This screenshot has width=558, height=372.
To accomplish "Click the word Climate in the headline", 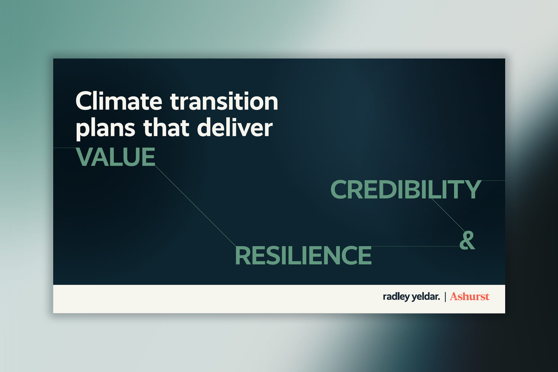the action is pyautogui.click(x=119, y=101).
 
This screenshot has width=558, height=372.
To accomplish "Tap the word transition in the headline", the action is pyautogui.click(x=224, y=101).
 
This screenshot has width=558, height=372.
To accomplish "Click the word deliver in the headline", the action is pyautogui.click(x=235, y=128).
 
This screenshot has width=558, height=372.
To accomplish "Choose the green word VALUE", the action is pyautogui.click(x=116, y=157).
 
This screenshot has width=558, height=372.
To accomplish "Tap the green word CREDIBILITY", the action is pyautogui.click(x=406, y=189).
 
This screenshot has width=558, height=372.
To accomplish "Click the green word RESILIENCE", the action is pyautogui.click(x=303, y=256).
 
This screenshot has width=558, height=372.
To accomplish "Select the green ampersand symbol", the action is pyautogui.click(x=467, y=240).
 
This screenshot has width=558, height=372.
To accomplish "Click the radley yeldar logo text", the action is pyautogui.click(x=411, y=297).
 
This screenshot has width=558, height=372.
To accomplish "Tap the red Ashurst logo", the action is pyautogui.click(x=469, y=296).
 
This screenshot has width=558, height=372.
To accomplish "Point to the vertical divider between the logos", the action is pyautogui.click(x=445, y=297).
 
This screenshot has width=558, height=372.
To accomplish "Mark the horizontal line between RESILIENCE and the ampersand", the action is pyautogui.click(x=416, y=247).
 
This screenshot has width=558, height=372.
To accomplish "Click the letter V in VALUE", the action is pyautogui.click(x=85, y=157).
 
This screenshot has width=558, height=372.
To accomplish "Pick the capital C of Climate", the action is pyautogui.click(x=84, y=101).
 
